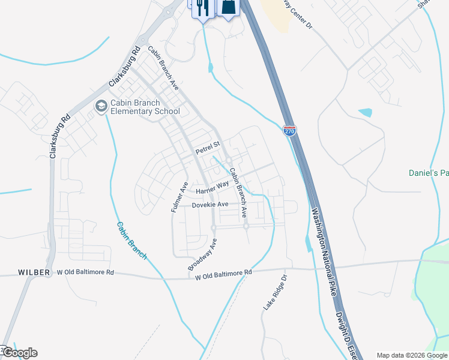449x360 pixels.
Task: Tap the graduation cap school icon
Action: click(101, 107)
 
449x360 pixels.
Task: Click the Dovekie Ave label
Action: click(210, 205)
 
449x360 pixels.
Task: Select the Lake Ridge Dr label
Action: click(276, 293)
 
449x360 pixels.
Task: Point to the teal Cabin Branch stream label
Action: click(131, 240)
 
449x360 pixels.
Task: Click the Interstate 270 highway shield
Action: click(290, 130)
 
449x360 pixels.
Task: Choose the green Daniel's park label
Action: click(429, 173)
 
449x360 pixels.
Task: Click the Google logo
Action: click(20, 352)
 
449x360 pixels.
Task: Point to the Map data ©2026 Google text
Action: click(411, 355)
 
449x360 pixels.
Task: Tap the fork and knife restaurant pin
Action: click(202, 7)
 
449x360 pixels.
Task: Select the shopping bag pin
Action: click(230, 7)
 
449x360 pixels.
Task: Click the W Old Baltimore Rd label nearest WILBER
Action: click(85, 272)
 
